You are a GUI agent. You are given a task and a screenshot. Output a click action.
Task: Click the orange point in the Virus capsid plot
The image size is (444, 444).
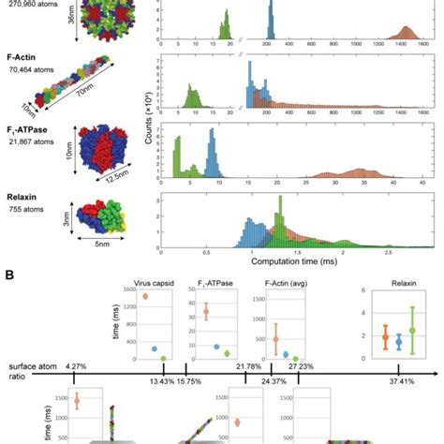pyautogui.click(x=145, y=296)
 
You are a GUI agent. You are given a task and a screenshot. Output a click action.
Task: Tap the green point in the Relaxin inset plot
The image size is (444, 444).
pyautogui.click(x=411, y=330)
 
